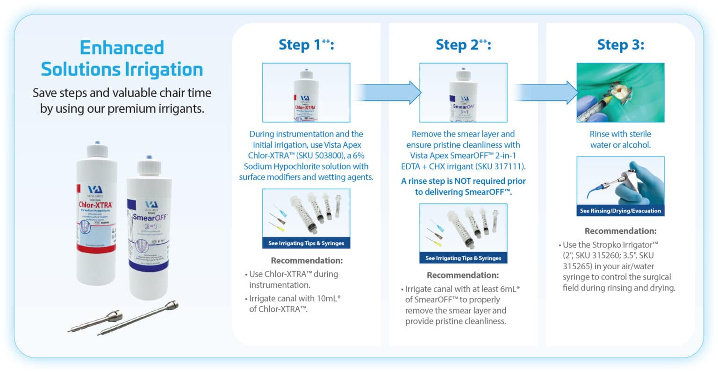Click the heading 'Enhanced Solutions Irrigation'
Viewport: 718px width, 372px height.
pyautogui.click(x=122, y=58)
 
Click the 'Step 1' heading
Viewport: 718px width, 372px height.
pyautogui.click(x=306, y=45)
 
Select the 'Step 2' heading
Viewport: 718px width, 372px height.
pyautogui.click(x=463, y=45)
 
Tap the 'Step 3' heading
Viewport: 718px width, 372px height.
pyautogui.click(x=620, y=45)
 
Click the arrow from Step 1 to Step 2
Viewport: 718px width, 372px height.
pyautogui.click(x=386, y=92)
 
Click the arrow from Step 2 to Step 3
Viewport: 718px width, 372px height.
pyautogui.click(x=543, y=92)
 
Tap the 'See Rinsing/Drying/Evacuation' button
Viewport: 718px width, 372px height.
pyautogui.click(x=620, y=211)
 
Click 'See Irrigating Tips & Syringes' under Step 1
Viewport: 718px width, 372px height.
pyautogui.click(x=306, y=243)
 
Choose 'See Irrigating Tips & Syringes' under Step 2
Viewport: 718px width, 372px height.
pyautogui.click(x=463, y=258)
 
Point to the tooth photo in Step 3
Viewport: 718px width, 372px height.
pyautogui.click(x=620, y=93)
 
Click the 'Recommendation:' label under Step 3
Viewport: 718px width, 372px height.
pyautogui.click(x=620, y=231)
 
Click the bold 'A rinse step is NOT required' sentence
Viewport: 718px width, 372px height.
pyautogui.click(x=463, y=186)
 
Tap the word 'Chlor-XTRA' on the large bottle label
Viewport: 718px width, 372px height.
pyautogui.click(x=96, y=205)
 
